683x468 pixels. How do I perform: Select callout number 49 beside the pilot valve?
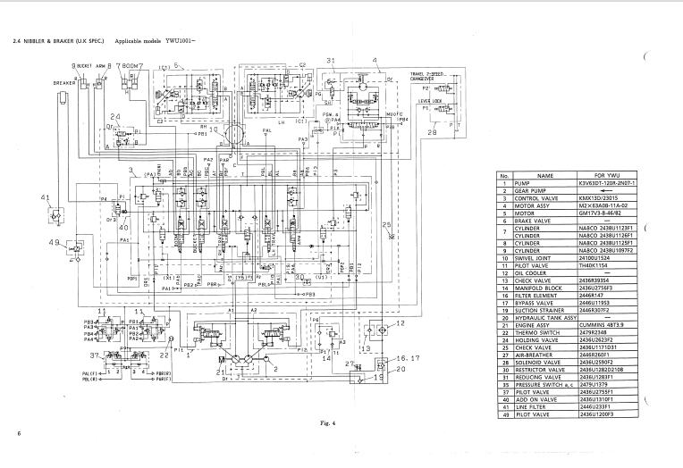(x=53, y=242)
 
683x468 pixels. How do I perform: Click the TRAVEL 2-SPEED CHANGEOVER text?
(x=430, y=76)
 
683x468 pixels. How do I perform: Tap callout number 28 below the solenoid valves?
(x=432, y=134)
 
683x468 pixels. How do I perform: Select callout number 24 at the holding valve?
(x=114, y=117)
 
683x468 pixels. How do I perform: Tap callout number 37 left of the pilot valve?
(x=94, y=355)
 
